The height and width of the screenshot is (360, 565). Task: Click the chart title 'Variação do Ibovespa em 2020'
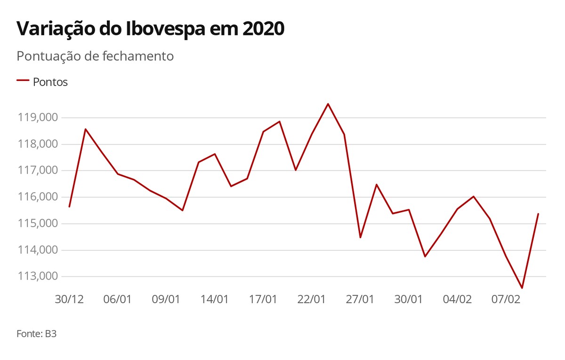151,29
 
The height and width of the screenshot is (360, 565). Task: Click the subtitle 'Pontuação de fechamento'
95,56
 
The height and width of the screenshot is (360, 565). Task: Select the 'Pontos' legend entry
50,82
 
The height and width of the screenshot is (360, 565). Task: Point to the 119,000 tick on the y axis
38,118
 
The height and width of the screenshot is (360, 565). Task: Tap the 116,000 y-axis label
38,197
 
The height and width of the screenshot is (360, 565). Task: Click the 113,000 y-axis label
38,276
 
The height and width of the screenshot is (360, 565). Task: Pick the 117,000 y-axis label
38,170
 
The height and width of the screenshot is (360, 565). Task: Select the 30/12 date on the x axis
69,299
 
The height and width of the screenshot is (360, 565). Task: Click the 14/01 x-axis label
215,299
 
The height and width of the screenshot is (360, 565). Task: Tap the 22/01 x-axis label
312,299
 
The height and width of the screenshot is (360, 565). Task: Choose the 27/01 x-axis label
360,299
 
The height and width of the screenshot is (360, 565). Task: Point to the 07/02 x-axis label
506,299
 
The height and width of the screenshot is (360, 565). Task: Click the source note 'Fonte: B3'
36,334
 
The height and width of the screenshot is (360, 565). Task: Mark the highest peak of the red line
328,104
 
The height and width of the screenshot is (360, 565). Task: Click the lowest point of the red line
522,288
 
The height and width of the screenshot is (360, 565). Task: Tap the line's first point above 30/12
69,207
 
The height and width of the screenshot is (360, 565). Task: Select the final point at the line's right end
538,214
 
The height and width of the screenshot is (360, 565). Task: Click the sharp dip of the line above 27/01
360,237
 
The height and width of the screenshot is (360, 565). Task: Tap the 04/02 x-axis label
457,299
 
